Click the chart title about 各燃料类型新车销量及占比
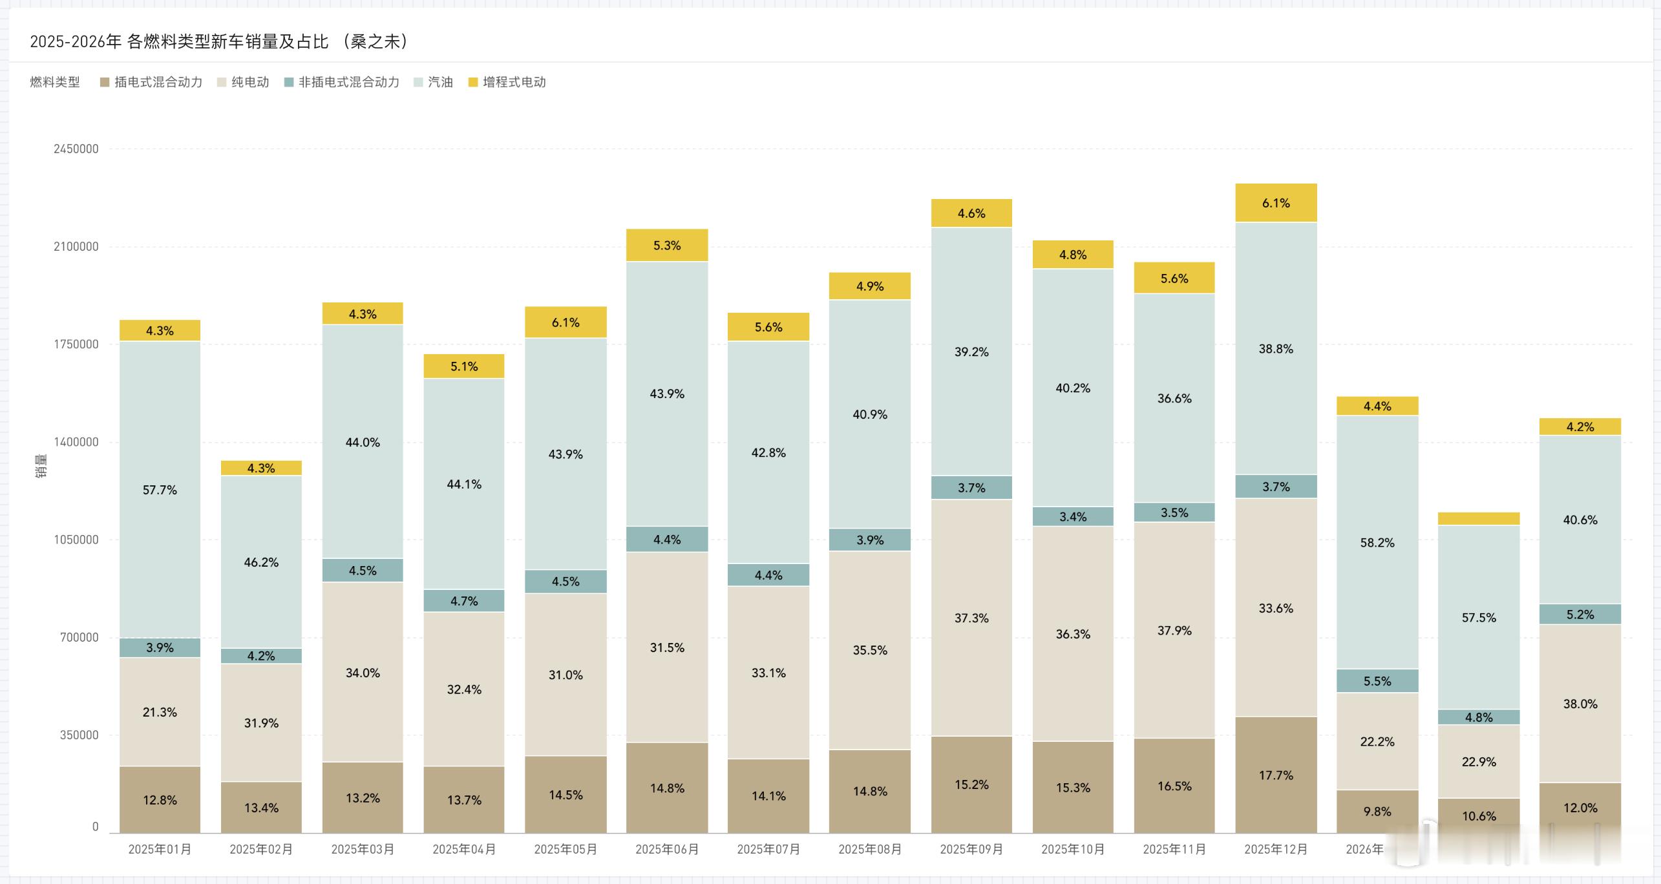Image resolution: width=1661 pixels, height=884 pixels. [x=220, y=41]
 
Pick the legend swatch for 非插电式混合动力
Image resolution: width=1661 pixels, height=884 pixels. [x=289, y=82]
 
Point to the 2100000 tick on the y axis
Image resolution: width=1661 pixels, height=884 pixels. [x=76, y=246]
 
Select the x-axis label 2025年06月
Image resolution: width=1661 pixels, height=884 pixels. [x=667, y=849]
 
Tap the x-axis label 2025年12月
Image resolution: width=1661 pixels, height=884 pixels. [x=1276, y=849]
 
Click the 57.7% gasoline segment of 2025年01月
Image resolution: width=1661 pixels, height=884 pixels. [x=160, y=489]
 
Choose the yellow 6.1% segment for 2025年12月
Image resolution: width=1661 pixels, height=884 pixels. [x=1276, y=203]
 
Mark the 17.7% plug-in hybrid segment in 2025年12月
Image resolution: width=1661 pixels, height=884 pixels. [x=1276, y=775]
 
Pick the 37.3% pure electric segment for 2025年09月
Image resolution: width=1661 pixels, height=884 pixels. [x=971, y=618]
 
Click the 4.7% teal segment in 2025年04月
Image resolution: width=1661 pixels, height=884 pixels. [x=464, y=601]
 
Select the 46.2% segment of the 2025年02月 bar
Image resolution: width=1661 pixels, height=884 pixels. [x=261, y=562]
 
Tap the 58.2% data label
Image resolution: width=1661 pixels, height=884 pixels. [x=1377, y=543]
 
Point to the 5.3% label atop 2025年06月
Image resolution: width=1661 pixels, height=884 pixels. [x=667, y=246]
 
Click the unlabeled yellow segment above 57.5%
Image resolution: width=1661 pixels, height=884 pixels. [x=1479, y=518]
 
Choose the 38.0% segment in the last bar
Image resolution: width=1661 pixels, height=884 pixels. [x=1580, y=704]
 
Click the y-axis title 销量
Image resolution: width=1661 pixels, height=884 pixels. [x=41, y=467]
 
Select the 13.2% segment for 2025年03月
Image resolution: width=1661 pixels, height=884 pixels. [x=363, y=798]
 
